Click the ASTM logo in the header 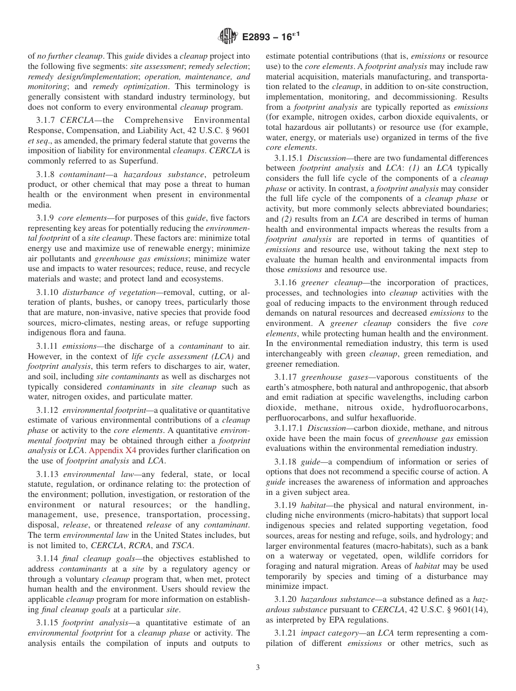pyautogui.click(x=228, y=36)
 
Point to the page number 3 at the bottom pyautogui.click(x=258, y=668)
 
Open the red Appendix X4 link pyautogui.click(x=108, y=450)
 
